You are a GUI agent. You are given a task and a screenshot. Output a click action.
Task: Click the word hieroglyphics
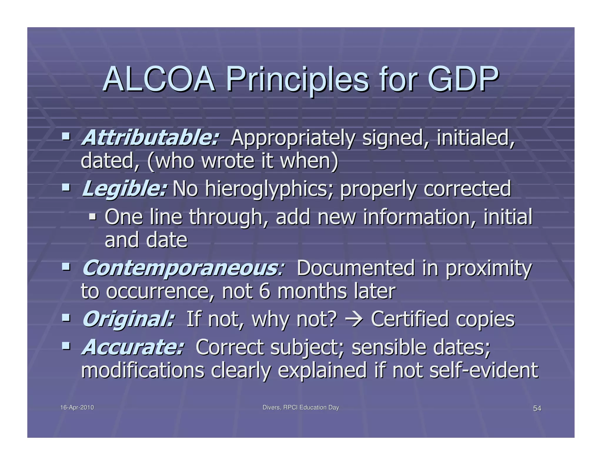pos(269,189)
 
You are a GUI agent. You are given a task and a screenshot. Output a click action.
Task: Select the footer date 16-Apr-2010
pos(77,408)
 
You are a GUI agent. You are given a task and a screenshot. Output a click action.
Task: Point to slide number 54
pos(537,409)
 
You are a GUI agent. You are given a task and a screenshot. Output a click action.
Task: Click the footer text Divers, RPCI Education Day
pos(301,408)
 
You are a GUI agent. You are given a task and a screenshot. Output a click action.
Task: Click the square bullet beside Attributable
pos(66,136)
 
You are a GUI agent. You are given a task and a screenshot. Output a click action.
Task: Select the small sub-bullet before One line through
pos(93,217)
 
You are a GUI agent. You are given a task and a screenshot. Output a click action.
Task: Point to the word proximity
pos(489,269)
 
